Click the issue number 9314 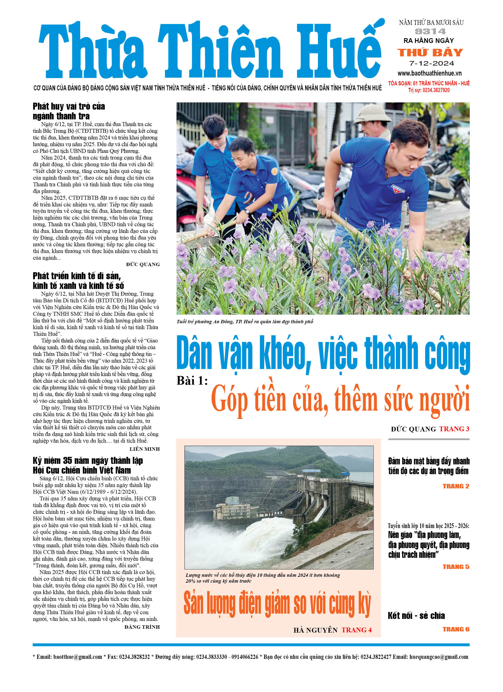click(430, 32)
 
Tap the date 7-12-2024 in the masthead click(431, 64)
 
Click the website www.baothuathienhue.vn click(429, 73)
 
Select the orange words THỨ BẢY click(430, 52)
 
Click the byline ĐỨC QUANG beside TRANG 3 click(413, 429)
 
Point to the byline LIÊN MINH click(145, 449)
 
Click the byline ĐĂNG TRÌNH click(142, 627)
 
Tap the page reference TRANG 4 click(356, 630)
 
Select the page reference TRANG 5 click(456, 566)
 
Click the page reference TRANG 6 click(456, 629)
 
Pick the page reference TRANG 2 click(456, 486)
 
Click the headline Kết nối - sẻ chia click(416, 615)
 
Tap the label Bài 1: click(192, 381)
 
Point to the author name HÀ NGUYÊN click(315, 630)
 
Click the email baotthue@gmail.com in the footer click(78, 657)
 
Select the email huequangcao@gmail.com click(439, 657)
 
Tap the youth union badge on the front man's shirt click(398, 189)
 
